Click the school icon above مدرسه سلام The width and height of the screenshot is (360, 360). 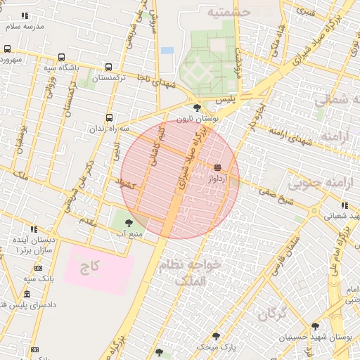(x=25, y=16)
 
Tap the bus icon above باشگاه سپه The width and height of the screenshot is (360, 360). (x=61, y=58)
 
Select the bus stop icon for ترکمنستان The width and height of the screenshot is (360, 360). (x=108, y=67)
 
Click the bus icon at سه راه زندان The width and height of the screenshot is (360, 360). (x=109, y=118)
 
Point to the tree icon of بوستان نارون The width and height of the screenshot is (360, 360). (x=197, y=108)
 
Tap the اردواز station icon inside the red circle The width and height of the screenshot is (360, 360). (x=217, y=167)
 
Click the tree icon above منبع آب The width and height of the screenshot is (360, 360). (x=127, y=223)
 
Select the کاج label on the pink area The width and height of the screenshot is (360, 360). (x=89, y=267)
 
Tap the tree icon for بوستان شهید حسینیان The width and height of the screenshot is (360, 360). (x=315, y=326)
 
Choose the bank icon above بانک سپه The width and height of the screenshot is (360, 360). (x=37, y=268)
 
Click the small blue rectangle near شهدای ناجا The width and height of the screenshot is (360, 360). (x=167, y=51)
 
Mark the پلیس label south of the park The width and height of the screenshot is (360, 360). (x=224, y=101)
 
